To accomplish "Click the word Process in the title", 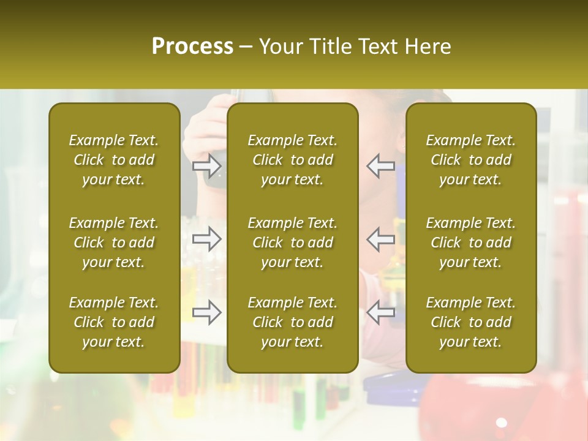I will tap(192, 47).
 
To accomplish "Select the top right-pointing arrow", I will tap(207, 166).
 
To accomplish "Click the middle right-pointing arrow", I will tap(207, 239).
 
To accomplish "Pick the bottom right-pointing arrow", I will tap(207, 312).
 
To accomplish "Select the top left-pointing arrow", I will tap(381, 166).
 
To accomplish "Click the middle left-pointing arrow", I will tap(381, 239).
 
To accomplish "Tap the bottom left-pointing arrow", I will tap(381, 312).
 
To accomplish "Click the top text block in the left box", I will tap(114, 160).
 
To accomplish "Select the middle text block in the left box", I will tap(114, 243).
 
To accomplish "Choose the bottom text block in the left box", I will tap(114, 322).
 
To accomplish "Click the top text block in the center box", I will tap(292, 160).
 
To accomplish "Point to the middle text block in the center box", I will tap(292, 243).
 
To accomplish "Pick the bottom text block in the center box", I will tap(292, 322).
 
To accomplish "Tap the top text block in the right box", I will tap(471, 160).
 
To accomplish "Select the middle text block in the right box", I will tap(471, 243).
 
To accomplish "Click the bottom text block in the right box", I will tap(471, 322).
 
